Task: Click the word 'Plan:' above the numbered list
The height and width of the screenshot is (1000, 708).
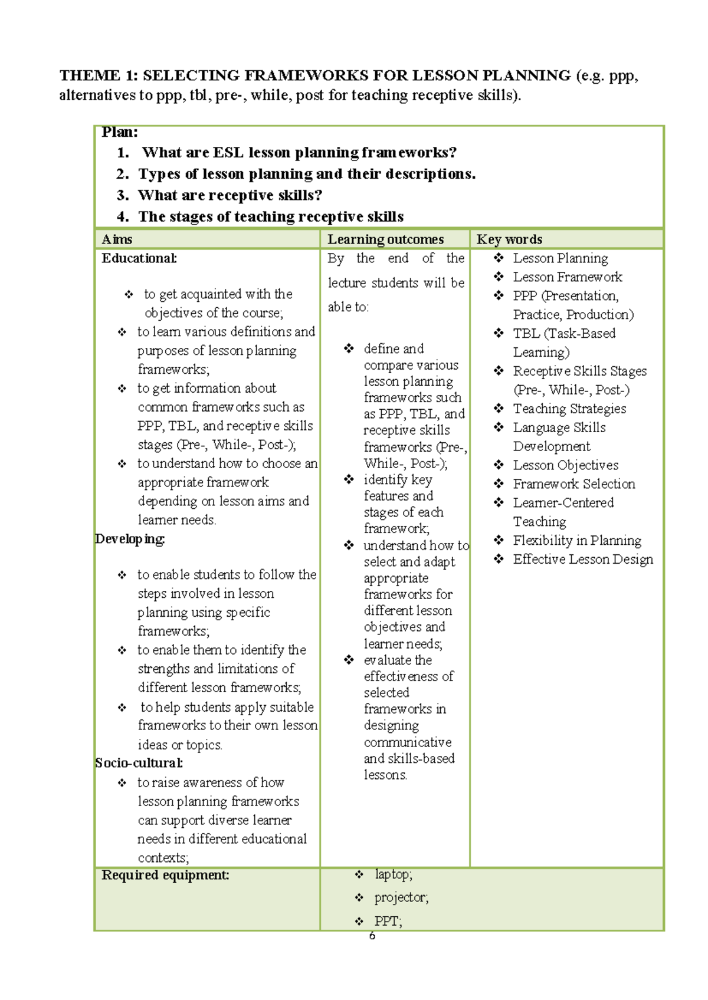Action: pos(120,132)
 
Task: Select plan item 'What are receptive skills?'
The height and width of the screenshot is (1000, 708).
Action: pos(230,195)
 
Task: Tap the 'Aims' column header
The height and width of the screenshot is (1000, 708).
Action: pos(117,239)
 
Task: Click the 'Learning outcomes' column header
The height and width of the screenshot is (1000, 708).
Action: pos(385,239)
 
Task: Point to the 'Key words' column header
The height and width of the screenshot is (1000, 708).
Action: pos(509,239)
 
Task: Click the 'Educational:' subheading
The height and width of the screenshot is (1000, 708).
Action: pos(139,258)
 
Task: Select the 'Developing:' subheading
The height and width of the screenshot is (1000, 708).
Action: pos(130,539)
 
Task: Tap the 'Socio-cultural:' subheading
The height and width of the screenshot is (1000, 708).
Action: pos(139,763)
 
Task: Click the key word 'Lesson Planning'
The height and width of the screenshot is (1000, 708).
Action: pos(560,258)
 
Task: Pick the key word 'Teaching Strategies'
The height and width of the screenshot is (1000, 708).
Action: pos(569,409)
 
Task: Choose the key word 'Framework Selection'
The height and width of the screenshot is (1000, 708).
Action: pos(573,484)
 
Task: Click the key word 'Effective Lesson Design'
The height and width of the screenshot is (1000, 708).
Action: pos(583,560)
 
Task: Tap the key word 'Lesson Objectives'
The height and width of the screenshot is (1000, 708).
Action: pos(565,465)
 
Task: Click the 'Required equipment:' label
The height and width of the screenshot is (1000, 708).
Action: pos(165,875)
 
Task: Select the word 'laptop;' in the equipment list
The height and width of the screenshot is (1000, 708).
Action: pos(393,874)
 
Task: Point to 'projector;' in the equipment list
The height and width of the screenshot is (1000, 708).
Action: pos(401,897)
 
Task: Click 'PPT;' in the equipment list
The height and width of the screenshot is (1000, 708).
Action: pos(388,921)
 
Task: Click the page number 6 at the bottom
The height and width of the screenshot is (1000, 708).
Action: pos(372,936)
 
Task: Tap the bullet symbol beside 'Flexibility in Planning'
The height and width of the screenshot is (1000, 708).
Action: pos(499,540)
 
